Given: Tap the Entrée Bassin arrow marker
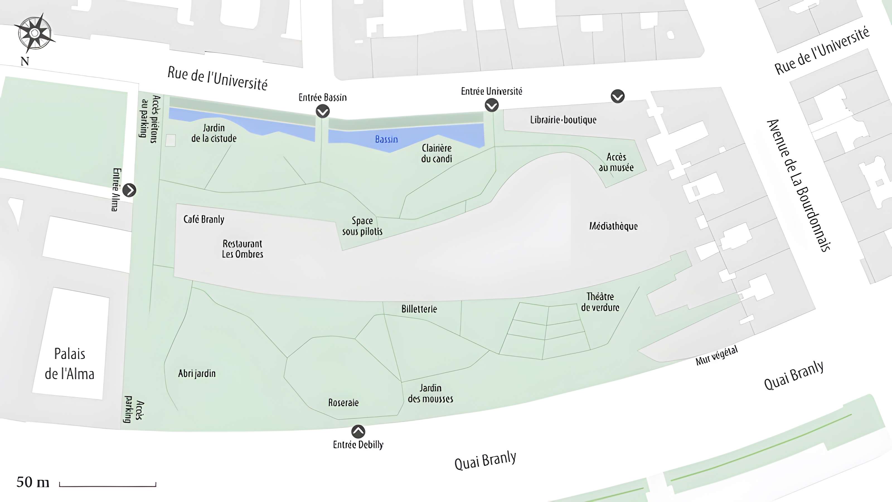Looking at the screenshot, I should (323, 111).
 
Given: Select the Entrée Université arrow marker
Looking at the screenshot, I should (492, 105).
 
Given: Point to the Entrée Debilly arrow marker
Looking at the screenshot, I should (358, 432).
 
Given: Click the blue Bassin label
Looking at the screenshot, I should (386, 139).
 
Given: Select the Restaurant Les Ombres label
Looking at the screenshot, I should (243, 249).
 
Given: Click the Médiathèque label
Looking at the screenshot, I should (613, 226).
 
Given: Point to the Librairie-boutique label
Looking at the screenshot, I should (563, 120).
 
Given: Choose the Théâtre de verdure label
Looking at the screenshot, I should (600, 302).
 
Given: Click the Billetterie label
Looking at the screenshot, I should (419, 309).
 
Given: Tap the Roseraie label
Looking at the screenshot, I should (343, 402).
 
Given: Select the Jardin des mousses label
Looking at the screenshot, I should (430, 393).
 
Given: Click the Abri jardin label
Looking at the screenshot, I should (197, 373).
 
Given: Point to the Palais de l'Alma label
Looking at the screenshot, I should (70, 364).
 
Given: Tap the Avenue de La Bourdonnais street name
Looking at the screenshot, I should (799, 185).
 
